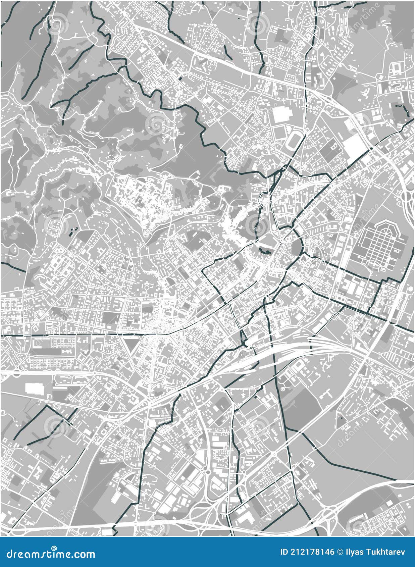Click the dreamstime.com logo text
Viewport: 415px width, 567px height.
[x=49, y=554]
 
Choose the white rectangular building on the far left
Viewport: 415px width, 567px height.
[x=34, y=388]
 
